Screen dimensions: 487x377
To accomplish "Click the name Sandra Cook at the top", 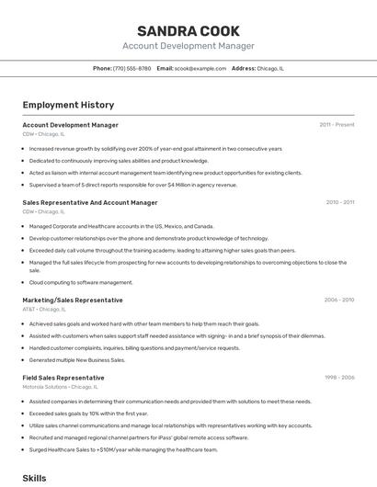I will [x=188, y=30].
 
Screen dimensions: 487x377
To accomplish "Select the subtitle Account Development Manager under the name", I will [x=188, y=46].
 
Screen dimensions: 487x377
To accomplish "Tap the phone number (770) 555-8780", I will [x=132, y=68].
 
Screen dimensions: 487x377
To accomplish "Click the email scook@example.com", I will [x=200, y=68].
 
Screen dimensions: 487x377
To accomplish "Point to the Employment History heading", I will [x=68, y=105].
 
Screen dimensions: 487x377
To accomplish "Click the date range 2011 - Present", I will [x=337, y=124].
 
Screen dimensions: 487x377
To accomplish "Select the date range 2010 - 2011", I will [x=339, y=202].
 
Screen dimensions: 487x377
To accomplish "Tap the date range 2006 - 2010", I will [x=338, y=300].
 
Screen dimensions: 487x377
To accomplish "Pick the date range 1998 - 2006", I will [x=338, y=378].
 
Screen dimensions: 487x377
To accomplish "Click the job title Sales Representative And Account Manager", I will [x=90, y=202].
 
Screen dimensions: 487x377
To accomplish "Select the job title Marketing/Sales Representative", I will [x=73, y=300].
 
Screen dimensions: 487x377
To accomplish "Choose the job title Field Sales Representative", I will [x=63, y=378].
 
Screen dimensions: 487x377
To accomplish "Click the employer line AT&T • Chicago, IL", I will [x=45, y=309].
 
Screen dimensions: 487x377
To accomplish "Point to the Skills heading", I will [x=34, y=478].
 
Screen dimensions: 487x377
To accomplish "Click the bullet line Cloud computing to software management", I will [x=81, y=282].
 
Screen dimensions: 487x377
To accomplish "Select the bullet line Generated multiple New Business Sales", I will [x=77, y=359].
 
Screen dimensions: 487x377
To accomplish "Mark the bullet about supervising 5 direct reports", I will [x=132, y=184].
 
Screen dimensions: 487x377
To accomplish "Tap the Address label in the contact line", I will [x=244, y=68].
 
